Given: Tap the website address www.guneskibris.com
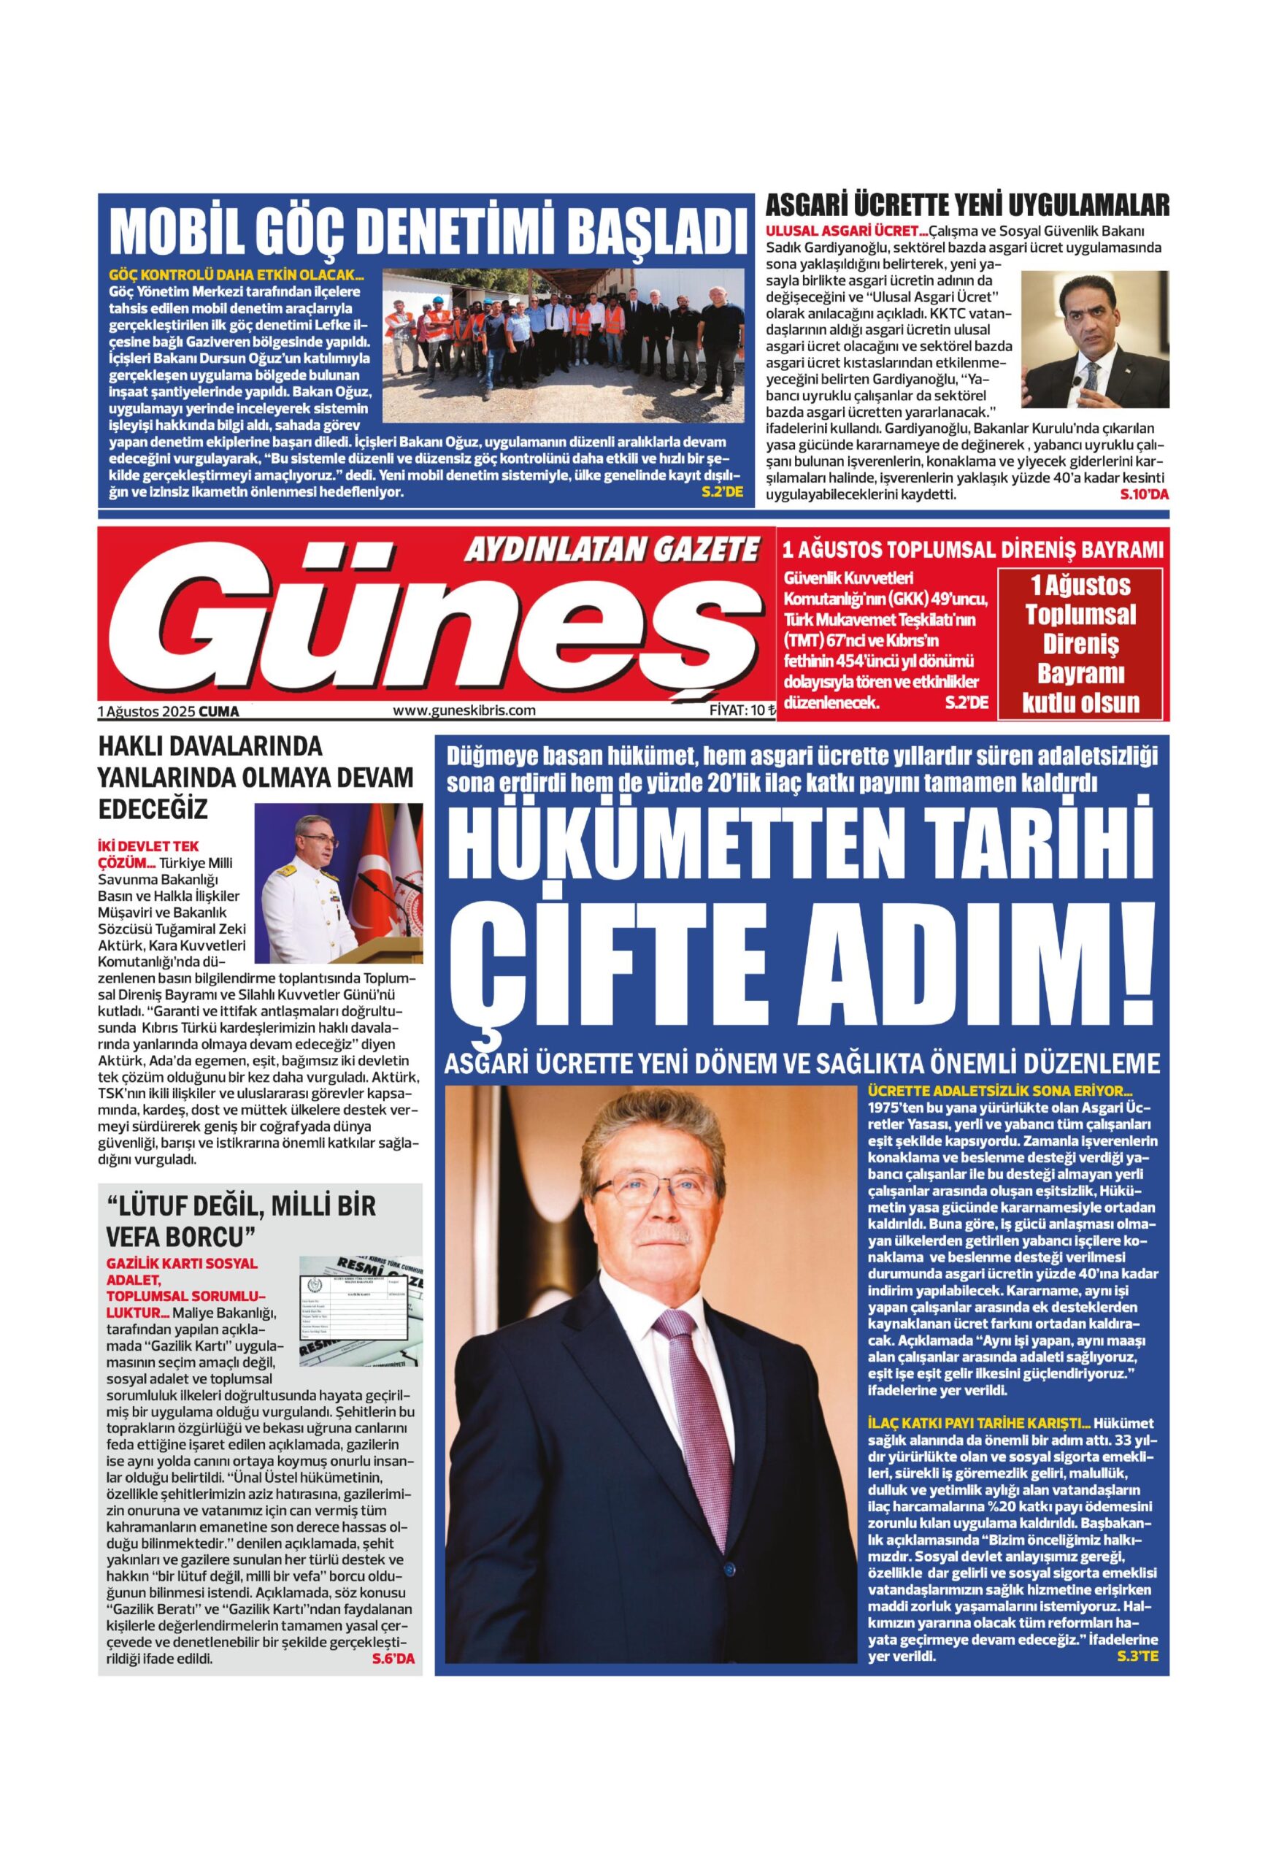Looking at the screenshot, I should (x=464, y=710).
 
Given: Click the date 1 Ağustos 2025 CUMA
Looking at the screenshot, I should (x=168, y=711).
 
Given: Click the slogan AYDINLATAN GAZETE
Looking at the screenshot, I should (x=611, y=550).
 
